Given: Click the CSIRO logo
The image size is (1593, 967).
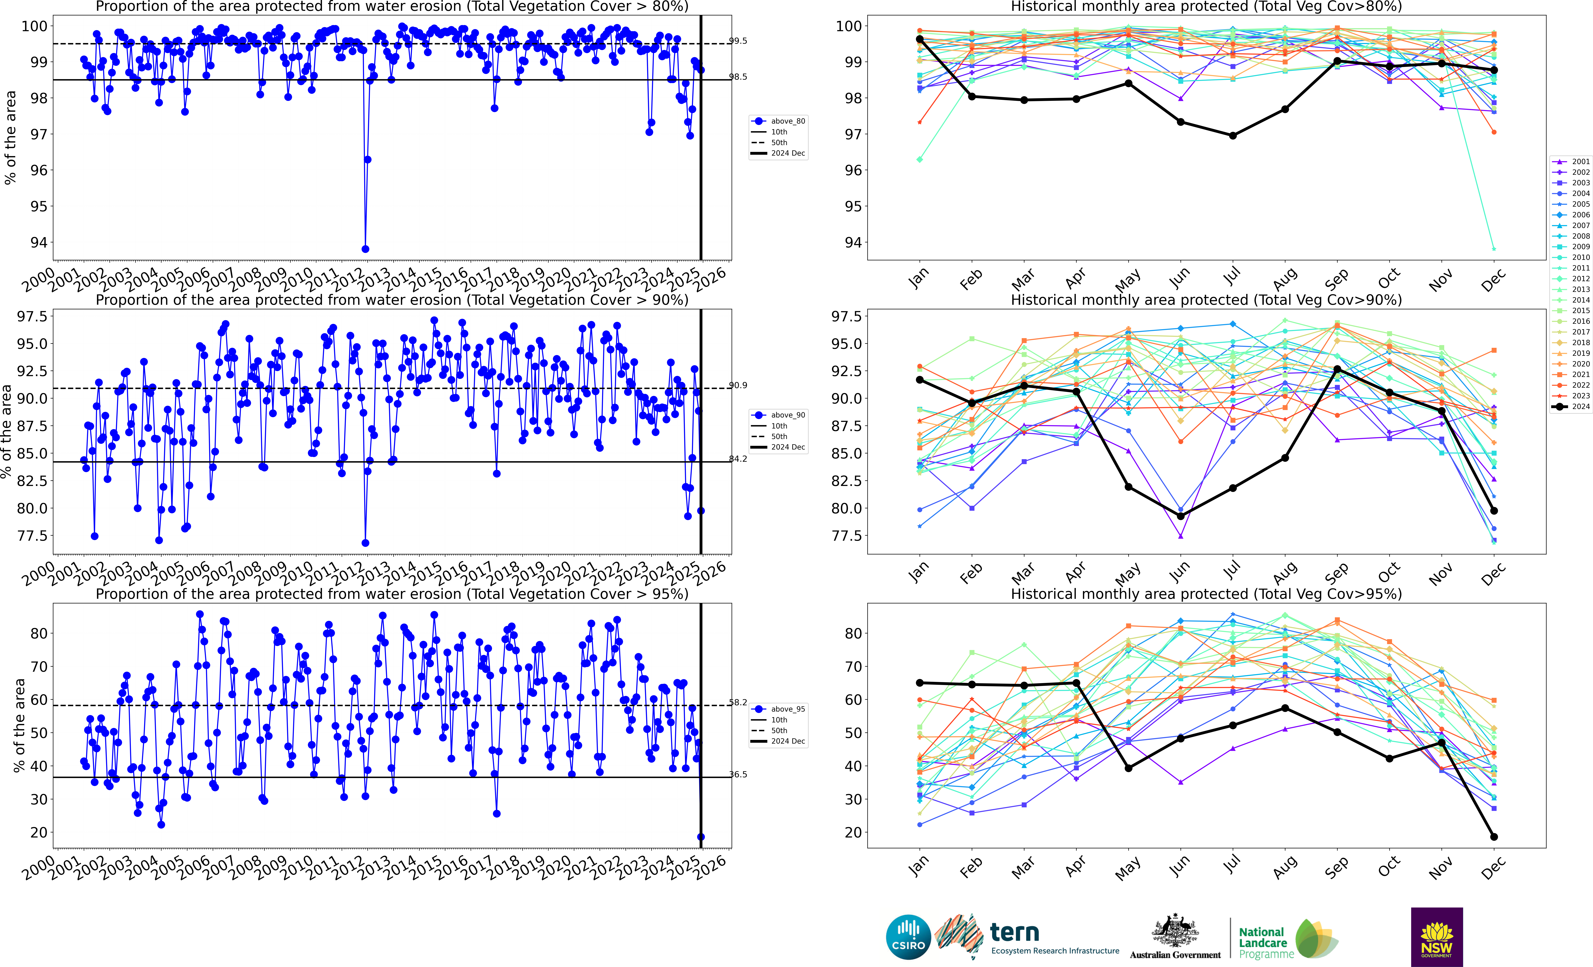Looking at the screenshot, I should (908, 937).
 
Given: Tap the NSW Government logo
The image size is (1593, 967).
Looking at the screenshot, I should (1437, 937).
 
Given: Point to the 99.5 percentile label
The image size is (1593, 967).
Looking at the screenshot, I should (738, 41).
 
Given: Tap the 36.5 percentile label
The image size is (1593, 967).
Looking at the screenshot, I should (738, 774).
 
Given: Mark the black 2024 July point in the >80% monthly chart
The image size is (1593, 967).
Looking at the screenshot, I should (1233, 136).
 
